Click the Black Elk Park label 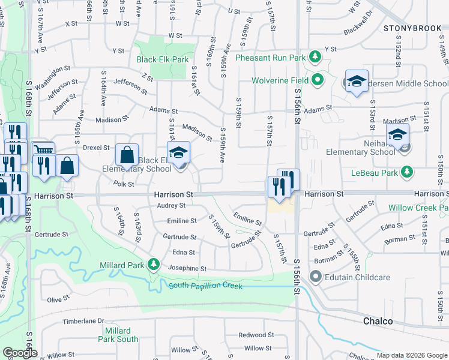(162, 59)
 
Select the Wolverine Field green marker (318, 80)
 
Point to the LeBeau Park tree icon (408, 173)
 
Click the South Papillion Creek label (205, 286)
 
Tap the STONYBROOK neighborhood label (411, 28)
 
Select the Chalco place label (378, 321)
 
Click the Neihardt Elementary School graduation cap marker (397, 136)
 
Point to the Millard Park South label (117, 335)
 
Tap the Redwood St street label (256, 335)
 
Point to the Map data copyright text (411, 355)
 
